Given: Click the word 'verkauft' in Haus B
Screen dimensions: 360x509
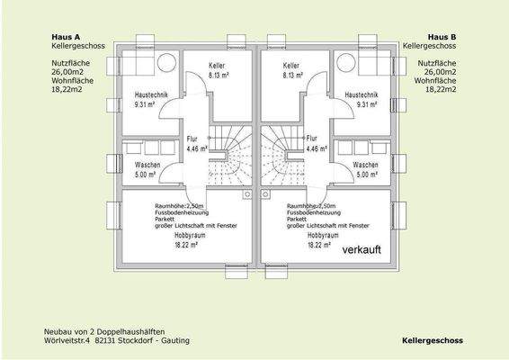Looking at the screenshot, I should tap(370, 255).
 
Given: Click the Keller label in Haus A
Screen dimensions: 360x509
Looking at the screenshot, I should tap(217, 67).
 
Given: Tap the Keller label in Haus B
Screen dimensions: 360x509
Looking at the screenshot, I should tap(290, 67).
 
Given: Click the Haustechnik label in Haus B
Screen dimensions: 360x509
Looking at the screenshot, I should tap(360, 94).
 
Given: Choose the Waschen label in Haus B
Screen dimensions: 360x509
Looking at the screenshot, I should tap(365, 166).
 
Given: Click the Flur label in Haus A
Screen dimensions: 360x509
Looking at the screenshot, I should tap(192, 139).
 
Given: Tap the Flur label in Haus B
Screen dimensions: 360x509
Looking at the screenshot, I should tap(311, 139).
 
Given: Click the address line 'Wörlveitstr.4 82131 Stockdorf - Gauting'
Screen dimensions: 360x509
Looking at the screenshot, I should tap(117, 342).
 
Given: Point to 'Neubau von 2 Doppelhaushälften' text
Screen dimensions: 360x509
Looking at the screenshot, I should tap(104, 332).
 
